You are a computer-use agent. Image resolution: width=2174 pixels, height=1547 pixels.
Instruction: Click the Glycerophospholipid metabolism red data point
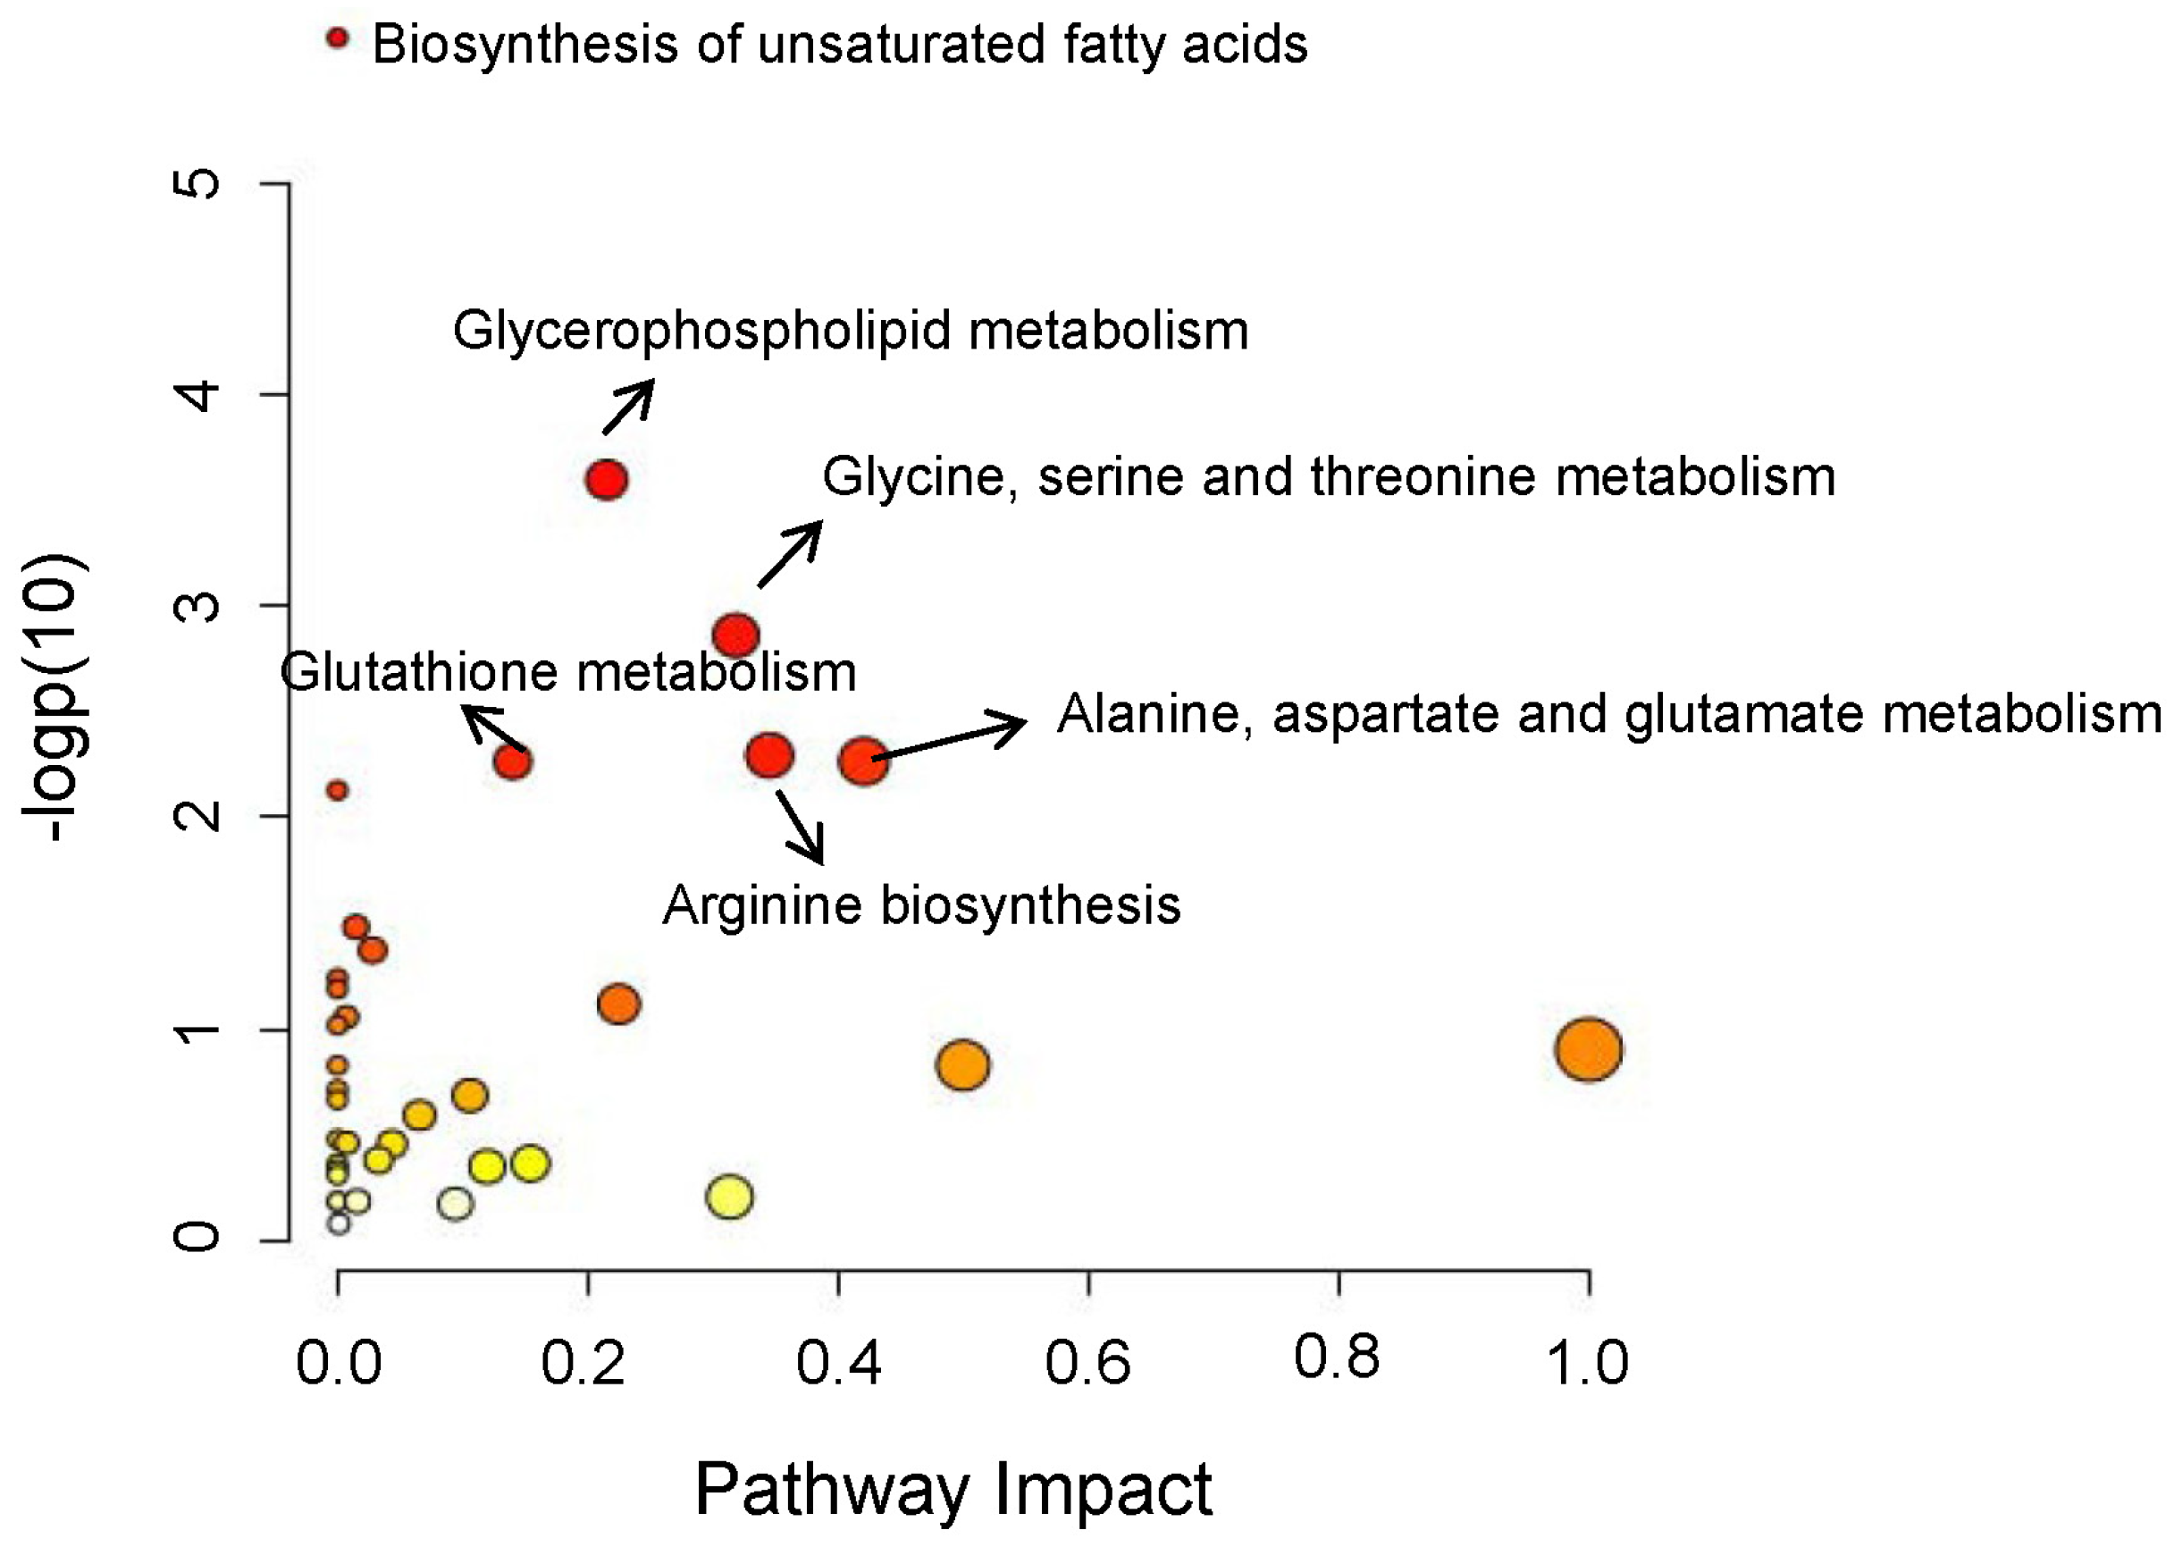coord(607,479)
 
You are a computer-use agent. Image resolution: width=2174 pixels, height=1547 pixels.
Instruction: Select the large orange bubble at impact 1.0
coord(1589,1049)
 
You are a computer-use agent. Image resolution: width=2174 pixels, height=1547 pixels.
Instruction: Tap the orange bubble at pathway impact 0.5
coord(962,1065)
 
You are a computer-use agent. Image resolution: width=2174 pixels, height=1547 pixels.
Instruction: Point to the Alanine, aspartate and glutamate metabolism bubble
coord(864,761)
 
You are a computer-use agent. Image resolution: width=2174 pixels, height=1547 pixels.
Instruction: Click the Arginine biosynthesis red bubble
coord(769,755)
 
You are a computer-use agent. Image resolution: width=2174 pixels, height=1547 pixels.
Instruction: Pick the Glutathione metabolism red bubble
coord(512,762)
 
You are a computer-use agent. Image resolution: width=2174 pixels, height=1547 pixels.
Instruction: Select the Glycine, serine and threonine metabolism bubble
coord(735,635)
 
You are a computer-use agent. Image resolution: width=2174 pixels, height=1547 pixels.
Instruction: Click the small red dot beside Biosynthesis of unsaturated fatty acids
coord(337,38)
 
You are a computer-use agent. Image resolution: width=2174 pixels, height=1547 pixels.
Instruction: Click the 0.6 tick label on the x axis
coord(1087,1362)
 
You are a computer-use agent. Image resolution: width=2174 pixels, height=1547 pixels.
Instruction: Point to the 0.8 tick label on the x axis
coord(1336,1357)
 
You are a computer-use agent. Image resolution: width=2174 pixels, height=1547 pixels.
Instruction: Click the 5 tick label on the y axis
coord(197,183)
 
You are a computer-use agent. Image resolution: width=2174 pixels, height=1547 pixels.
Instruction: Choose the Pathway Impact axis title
coord(953,1488)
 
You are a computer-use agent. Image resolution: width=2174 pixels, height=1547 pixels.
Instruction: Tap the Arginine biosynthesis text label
coord(921,905)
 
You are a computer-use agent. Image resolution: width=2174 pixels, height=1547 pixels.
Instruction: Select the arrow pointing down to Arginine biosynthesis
coord(800,826)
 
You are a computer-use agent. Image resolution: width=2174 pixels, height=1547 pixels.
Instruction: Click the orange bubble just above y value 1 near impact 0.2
coord(619,1004)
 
